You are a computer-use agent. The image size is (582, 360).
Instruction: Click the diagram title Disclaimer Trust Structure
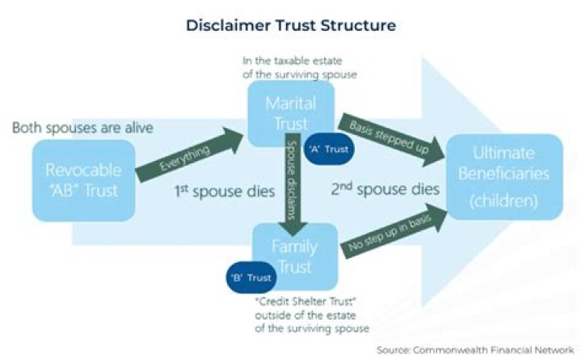click(x=291, y=25)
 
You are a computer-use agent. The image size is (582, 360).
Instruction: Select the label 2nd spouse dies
click(x=385, y=191)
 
